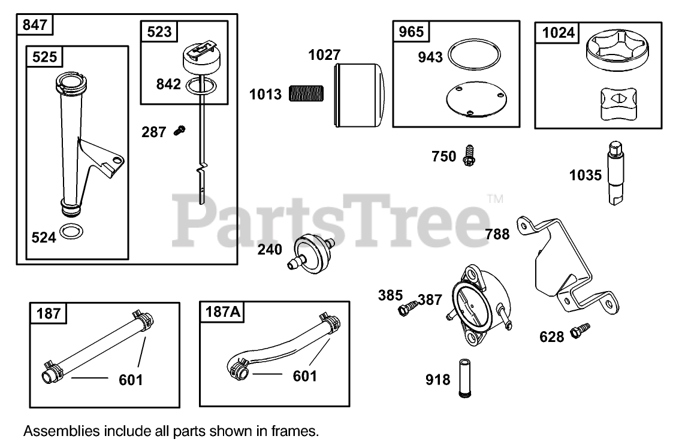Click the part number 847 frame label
pos(35,26)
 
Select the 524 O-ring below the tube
pos(73,232)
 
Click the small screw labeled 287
pos(179,129)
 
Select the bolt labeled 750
pos(469,156)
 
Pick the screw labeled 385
pos(406,308)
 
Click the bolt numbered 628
pos(580,330)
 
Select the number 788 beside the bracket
pos(497,234)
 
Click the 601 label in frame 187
pos(131,379)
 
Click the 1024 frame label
pos(558,33)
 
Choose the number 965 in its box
pos(411,32)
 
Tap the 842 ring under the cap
pos(202,87)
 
